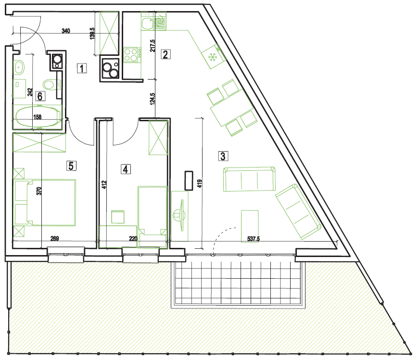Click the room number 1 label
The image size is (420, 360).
click(82, 68)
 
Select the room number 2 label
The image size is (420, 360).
click(165, 54)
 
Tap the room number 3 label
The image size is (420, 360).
click(223, 156)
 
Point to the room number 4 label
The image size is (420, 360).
click(126, 169)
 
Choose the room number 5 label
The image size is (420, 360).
click(71, 166)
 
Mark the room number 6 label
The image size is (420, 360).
click(40, 96)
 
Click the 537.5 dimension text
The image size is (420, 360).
click(254, 238)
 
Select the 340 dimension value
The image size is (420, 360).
click(66, 31)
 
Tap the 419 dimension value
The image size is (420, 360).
click(200, 183)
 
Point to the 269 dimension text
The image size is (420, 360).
click(55, 238)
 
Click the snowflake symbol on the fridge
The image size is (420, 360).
click(213, 57)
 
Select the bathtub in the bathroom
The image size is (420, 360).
click(38, 117)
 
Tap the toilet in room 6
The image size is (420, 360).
click(49, 85)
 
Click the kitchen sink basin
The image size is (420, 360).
click(147, 23)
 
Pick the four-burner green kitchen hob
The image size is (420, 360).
click(130, 55)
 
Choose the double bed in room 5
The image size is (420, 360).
click(45, 203)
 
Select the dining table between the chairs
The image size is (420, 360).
click(232, 108)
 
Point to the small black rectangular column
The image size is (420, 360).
click(189, 180)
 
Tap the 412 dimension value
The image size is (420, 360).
click(104, 184)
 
